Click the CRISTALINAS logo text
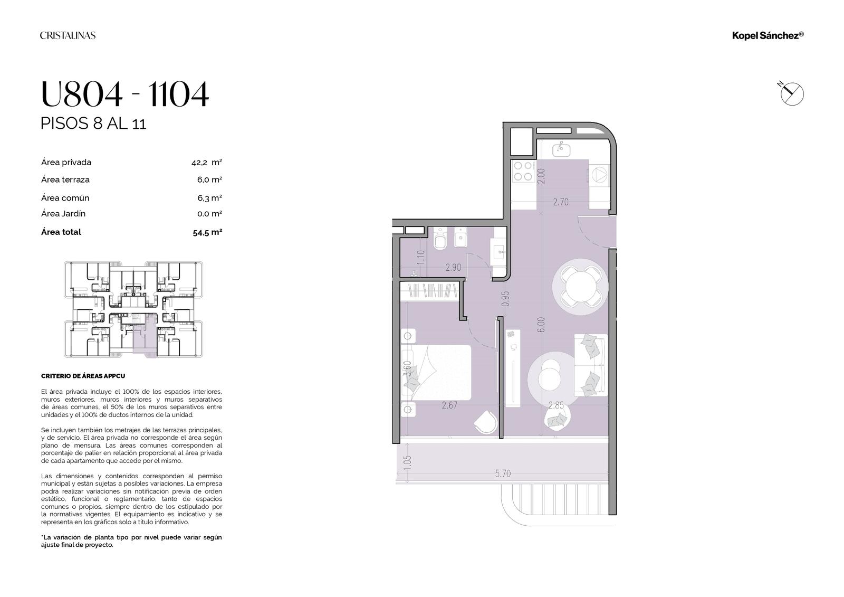pyautogui.click(x=68, y=35)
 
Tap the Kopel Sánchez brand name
pyautogui.click(x=768, y=35)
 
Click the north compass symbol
pyautogui.click(x=791, y=93)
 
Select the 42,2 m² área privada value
pyautogui.click(x=206, y=163)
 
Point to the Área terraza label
pyautogui.click(x=65, y=179)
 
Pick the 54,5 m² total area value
pyautogui.click(x=207, y=232)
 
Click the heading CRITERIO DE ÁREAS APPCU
pyautogui.click(x=83, y=376)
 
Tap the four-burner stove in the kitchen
pyautogui.click(x=523, y=171)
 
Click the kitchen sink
pyautogui.click(x=561, y=150)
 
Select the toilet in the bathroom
pyautogui.click(x=440, y=239)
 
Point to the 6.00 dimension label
pyautogui.click(x=541, y=324)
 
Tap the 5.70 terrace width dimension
pyautogui.click(x=503, y=473)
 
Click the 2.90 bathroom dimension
pyautogui.click(x=453, y=268)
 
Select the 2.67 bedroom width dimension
pyautogui.click(x=449, y=405)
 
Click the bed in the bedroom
pyautogui.click(x=436, y=373)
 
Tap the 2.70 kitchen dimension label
pyautogui.click(x=561, y=202)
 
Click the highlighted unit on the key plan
pyautogui.click(x=145, y=335)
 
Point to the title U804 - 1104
pyautogui.click(x=124, y=94)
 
